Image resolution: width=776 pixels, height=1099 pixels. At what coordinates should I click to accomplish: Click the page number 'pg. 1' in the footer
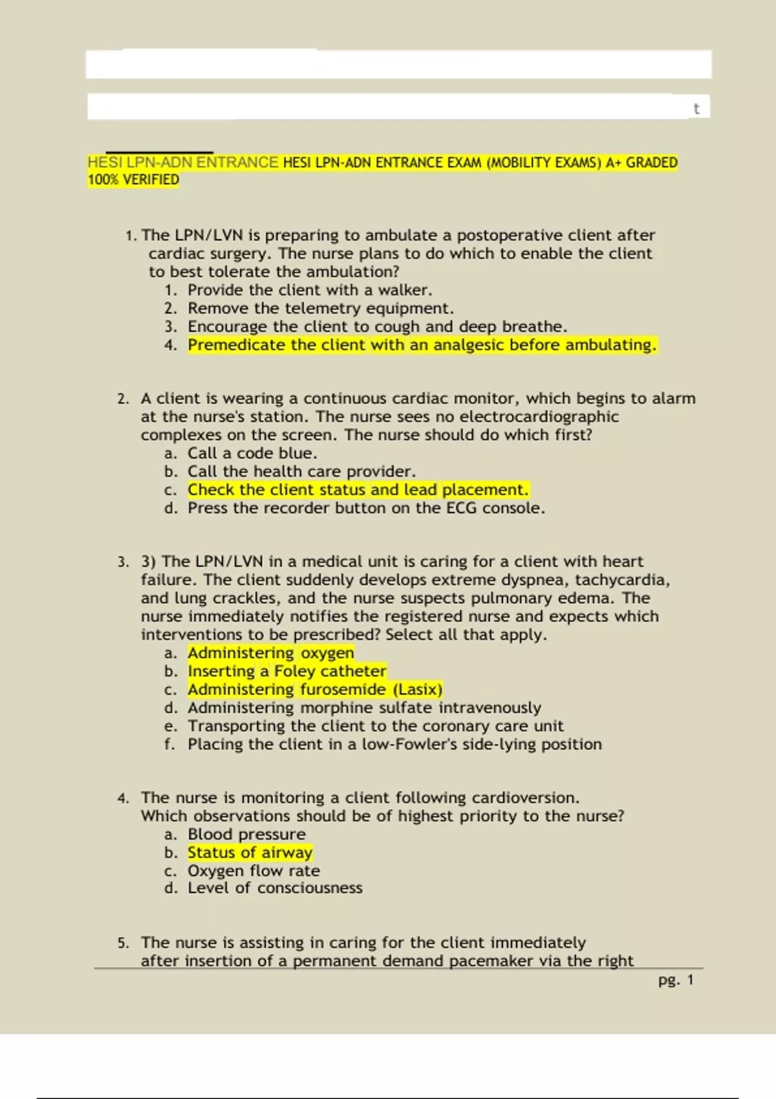click(x=676, y=980)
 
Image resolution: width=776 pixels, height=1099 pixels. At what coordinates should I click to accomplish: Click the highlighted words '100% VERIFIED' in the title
click(x=133, y=180)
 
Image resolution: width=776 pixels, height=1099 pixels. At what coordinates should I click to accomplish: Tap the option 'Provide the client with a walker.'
click(x=310, y=290)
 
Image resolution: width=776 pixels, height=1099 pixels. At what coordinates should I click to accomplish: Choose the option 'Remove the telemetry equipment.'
click(x=321, y=308)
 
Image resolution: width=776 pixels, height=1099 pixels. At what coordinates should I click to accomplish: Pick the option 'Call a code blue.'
click(x=252, y=453)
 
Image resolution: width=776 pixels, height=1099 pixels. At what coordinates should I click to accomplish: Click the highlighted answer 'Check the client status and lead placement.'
click(x=358, y=490)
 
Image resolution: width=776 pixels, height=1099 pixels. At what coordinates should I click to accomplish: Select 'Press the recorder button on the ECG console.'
click(x=366, y=508)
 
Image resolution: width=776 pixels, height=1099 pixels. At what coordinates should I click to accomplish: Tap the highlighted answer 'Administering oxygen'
click(x=271, y=653)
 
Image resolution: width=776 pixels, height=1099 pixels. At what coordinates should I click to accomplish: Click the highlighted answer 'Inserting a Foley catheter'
click(x=287, y=671)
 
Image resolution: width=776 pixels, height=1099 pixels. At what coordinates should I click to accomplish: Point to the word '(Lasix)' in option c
click(x=418, y=690)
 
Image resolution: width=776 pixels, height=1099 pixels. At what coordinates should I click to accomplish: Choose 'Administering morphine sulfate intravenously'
click(x=364, y=708)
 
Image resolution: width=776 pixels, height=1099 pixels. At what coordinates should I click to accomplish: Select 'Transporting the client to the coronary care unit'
click(x=375, y=726)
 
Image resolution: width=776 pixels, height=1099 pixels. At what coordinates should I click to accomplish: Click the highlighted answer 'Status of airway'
click(x=250, y=853)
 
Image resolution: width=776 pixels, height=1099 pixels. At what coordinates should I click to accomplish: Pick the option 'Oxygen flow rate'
click(x=253, y=871)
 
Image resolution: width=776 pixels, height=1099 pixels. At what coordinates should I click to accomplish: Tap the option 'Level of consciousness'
click(x=275, y=888)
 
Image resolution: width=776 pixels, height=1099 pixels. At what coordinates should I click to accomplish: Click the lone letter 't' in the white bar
click(x=696, y=109)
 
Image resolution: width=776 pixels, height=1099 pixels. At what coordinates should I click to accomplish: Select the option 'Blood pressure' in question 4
click(x=246, y=835)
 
